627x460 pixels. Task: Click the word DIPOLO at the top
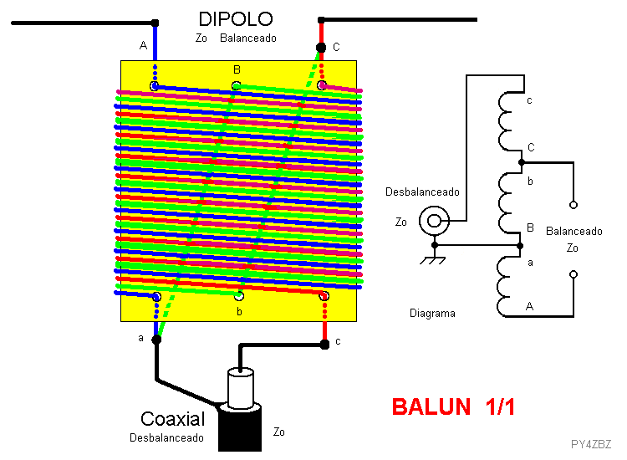point(236,18)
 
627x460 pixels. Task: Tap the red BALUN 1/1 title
point(453,407)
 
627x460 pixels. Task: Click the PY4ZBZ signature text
point(590,444)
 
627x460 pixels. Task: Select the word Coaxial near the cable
point(172,419)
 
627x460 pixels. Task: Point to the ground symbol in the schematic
point(433,258)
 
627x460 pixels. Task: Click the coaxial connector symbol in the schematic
point(434,221)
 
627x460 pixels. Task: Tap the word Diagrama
point(432,313)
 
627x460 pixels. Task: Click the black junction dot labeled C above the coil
point(321,48)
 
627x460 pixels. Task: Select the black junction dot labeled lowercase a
point(156,340)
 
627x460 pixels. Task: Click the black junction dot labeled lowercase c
point(324,344)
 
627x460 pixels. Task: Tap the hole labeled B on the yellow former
point(237,85)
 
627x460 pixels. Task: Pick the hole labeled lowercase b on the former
point(239,296)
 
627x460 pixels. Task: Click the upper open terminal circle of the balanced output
point(573,205)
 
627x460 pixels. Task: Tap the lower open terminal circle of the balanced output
point(573,274)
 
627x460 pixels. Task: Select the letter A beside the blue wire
point(143,46)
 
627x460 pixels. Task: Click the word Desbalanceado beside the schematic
point(422,192)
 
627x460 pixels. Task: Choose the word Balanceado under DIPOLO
point(248,38)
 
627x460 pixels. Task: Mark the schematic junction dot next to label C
point(522,162)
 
